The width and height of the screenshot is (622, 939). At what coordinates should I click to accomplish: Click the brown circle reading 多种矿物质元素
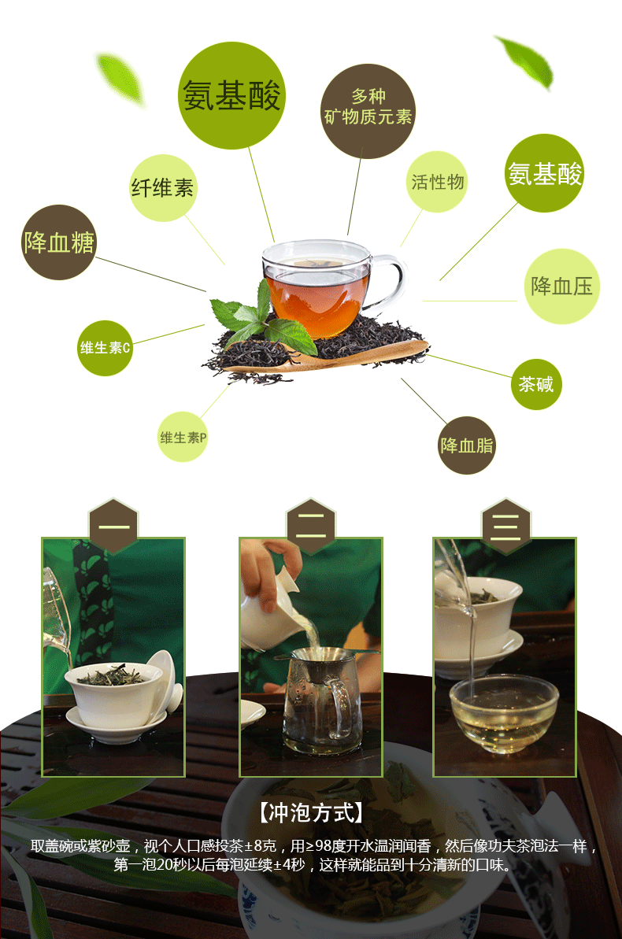(368, 111)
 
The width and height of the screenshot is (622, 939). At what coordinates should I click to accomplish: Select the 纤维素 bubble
(163, 188)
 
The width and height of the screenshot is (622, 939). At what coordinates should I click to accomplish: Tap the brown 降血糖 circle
(59, 242)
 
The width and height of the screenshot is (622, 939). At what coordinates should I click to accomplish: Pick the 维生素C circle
(105, 348)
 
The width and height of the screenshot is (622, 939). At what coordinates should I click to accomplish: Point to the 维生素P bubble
(183, 437)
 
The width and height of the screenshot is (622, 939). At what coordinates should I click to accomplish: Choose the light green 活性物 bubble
(437, 182)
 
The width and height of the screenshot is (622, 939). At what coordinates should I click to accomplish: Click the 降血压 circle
(561, 287)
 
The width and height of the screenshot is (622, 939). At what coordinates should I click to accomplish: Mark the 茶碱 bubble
(535, 384)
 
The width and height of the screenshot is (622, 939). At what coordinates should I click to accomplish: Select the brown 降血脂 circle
(466, 445)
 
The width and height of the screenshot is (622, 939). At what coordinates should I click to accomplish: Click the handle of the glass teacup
(391, 282)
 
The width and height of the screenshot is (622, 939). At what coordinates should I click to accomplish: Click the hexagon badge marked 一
(113, 526)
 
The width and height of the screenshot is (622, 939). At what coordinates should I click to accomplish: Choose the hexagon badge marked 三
(506, 526)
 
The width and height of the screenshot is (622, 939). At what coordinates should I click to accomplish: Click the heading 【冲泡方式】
(310, 812)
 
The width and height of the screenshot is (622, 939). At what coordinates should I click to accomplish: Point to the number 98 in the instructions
(324, 845)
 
